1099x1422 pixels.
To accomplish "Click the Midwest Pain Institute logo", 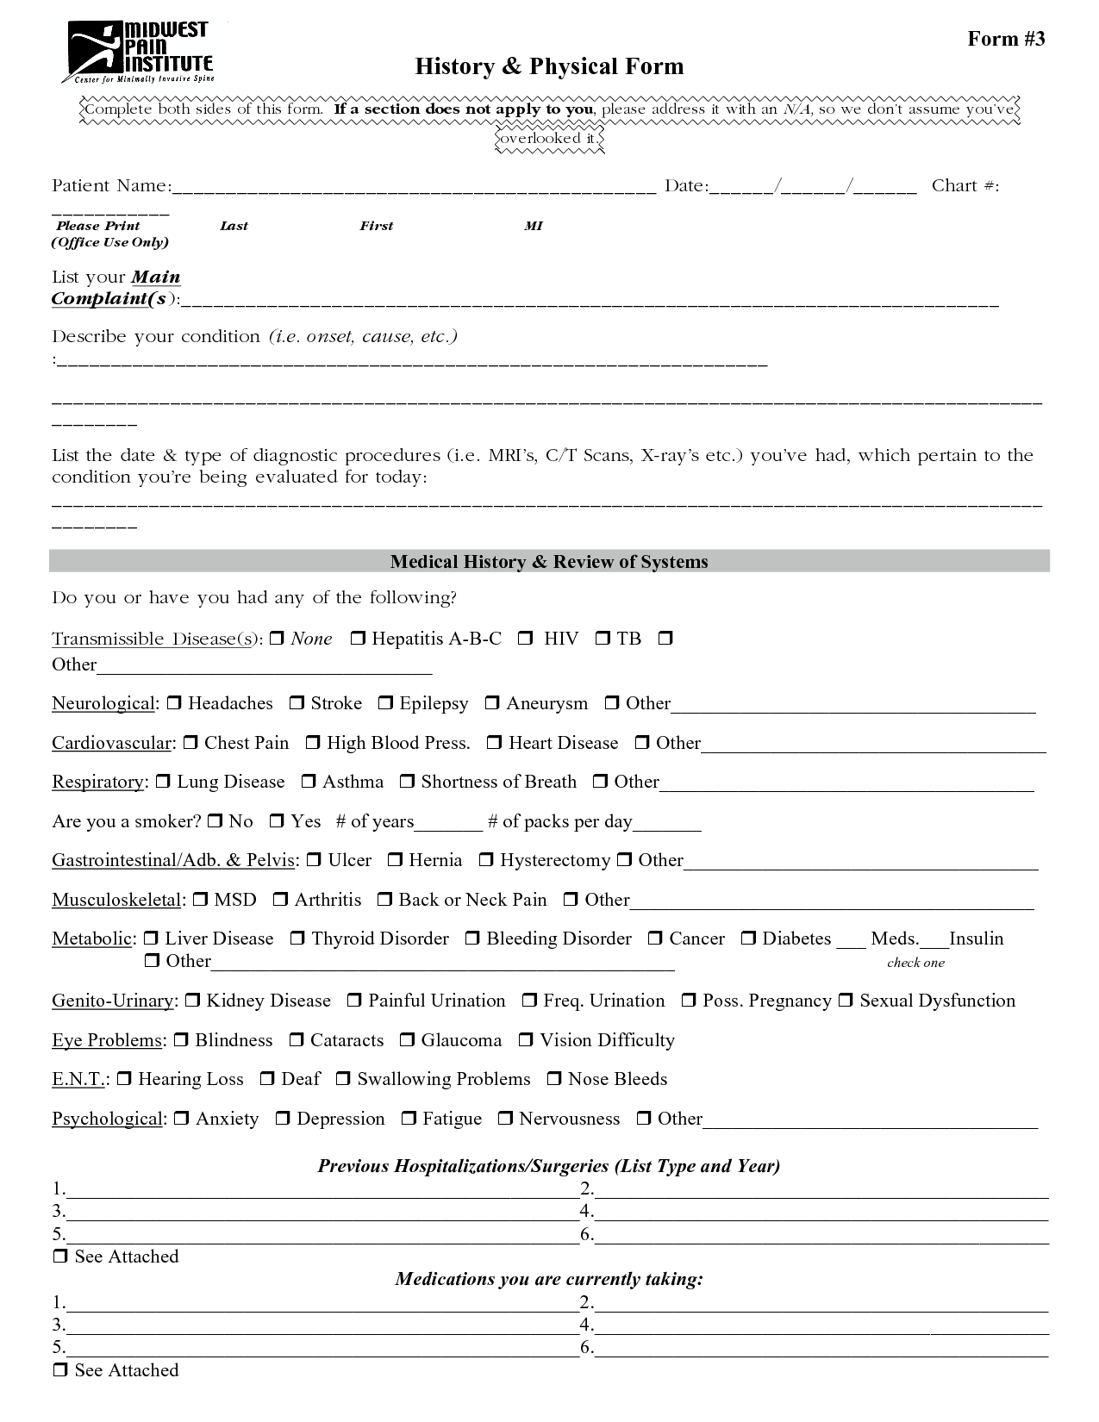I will click(138, 52).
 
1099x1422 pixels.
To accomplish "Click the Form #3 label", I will click(1006, 39).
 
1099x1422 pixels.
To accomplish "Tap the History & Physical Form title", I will click(549, 66).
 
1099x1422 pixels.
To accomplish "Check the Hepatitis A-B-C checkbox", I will click(358, 639).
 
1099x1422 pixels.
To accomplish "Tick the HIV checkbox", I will click(525, 639).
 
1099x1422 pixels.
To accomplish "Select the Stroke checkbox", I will click(297, 703).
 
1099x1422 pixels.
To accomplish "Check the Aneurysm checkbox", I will click(492, 703).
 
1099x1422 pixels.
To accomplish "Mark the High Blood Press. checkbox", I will click(313, 742).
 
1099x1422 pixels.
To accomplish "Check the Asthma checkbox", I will click(309, 782).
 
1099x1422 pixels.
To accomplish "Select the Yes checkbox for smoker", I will click(277, 821).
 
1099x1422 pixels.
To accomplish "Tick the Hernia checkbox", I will click(395, 860).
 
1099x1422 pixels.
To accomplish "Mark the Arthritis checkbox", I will click(280, 900).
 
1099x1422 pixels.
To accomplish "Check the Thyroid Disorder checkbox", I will click(297, 939).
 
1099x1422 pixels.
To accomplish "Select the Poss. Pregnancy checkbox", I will click(689, 1001).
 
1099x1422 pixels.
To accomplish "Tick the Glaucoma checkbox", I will click(407, 1040).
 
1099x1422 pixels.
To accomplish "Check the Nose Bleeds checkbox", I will click(554, 1079).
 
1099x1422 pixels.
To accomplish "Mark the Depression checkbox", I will click(283, 1119).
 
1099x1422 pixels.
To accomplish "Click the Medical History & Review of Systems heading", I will click(549, 562).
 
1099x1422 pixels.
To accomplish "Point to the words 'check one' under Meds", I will click(915, 963).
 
